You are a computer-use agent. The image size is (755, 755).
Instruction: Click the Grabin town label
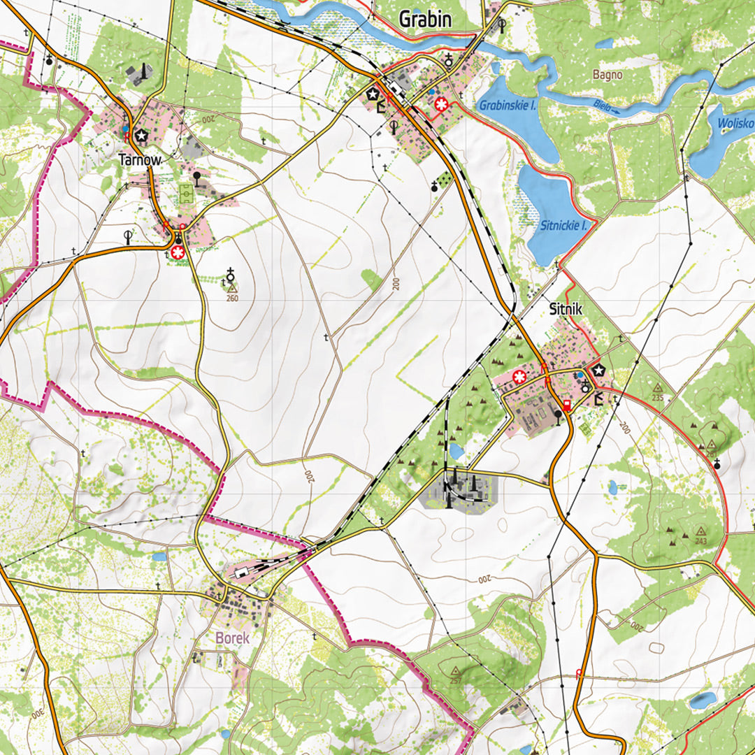[424, 20]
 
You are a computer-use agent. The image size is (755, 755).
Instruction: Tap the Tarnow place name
[140, 160]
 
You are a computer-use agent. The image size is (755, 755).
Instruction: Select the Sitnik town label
[566, 308]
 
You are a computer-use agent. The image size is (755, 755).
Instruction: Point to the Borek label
[232, 638]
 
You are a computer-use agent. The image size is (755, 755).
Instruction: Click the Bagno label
[607, 74]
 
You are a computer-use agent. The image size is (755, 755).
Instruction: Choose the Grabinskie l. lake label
[508, 106]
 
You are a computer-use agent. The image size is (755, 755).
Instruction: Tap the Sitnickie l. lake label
[567, 225]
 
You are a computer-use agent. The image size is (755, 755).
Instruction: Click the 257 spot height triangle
[456, 671]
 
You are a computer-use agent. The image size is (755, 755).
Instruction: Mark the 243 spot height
[700, 532]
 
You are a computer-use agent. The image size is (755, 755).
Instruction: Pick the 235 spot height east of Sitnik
[657, 388]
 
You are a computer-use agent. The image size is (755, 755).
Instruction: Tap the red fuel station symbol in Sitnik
[566, 405]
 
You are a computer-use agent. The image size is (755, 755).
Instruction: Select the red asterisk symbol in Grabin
[441, 104]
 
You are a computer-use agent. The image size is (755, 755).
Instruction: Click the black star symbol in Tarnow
[143, 135]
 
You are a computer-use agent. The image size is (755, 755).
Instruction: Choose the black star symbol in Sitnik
[598, 371]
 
